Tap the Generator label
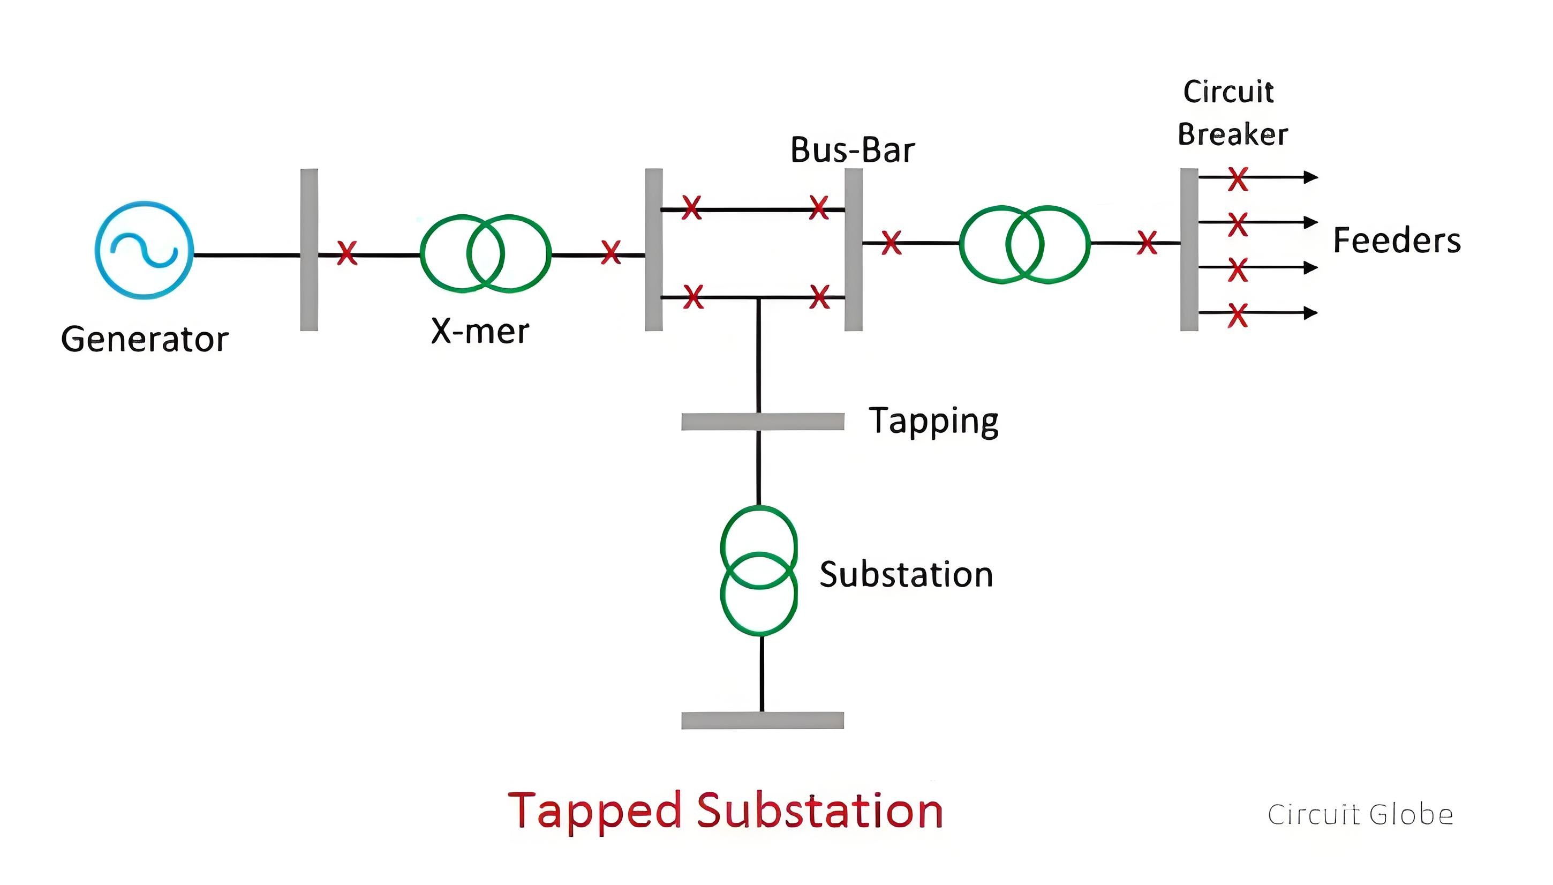145,339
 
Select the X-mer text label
480,331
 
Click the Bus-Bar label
853,149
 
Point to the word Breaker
1232,134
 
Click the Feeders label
1397,240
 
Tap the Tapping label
933,421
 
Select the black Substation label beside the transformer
906,574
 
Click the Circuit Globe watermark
1360,814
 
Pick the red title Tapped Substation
725,811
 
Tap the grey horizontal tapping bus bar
763,421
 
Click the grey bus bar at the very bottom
763,721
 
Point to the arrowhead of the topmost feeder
1311,177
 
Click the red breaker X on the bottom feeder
1238,315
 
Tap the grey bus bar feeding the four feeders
1189,250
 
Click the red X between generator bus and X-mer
347,253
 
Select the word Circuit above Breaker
1228,92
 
